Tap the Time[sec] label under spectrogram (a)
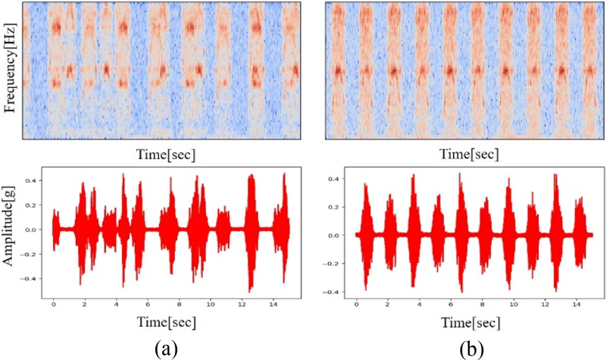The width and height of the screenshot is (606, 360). pyautogui.click(x=167, y=155)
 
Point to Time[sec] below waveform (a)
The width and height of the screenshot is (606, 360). pyautogui.click(x=167, y=321)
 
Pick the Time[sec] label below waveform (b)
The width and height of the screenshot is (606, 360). pyautogui.click(x=469, y=321)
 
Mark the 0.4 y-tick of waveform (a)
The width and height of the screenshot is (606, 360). pyautogui.click(x=34, y=180)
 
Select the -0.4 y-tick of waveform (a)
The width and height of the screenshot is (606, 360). pyautogui.click(x=33, y=278)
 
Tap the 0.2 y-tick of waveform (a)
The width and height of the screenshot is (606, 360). pyautogui.click(x=34, y=205)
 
